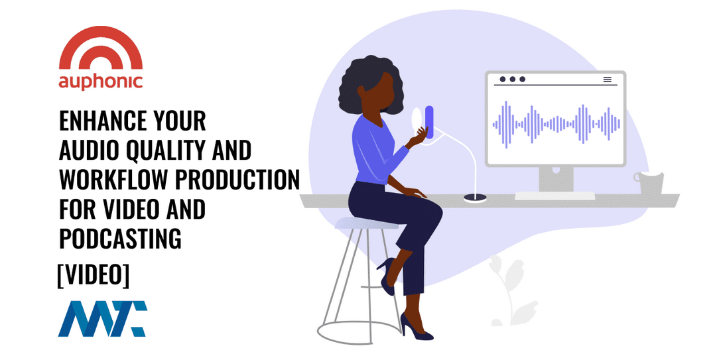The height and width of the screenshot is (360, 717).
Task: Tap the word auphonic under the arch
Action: [x=101, y=82]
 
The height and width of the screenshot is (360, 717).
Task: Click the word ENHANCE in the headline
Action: [x=103, y=121]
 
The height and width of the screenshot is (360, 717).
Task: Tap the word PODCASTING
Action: [x=120, y=238]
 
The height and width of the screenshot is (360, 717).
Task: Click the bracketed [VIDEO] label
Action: [x=94, y=275]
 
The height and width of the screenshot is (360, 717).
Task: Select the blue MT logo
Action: [x=102, y=318]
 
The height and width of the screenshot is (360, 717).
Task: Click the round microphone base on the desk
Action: [x=475, y=198]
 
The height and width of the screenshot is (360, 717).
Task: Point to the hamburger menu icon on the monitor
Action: [x=608, y=80]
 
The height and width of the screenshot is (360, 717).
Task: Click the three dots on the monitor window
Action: [x=512, y=80]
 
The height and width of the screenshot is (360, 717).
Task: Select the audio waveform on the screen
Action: [x=556, y=124]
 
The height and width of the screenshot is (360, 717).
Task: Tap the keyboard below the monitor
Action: [x=555, y=196]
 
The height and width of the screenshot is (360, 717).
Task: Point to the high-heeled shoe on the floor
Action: [x=416, y=328]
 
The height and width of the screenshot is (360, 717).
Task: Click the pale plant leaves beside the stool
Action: [x=510, y=290]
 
